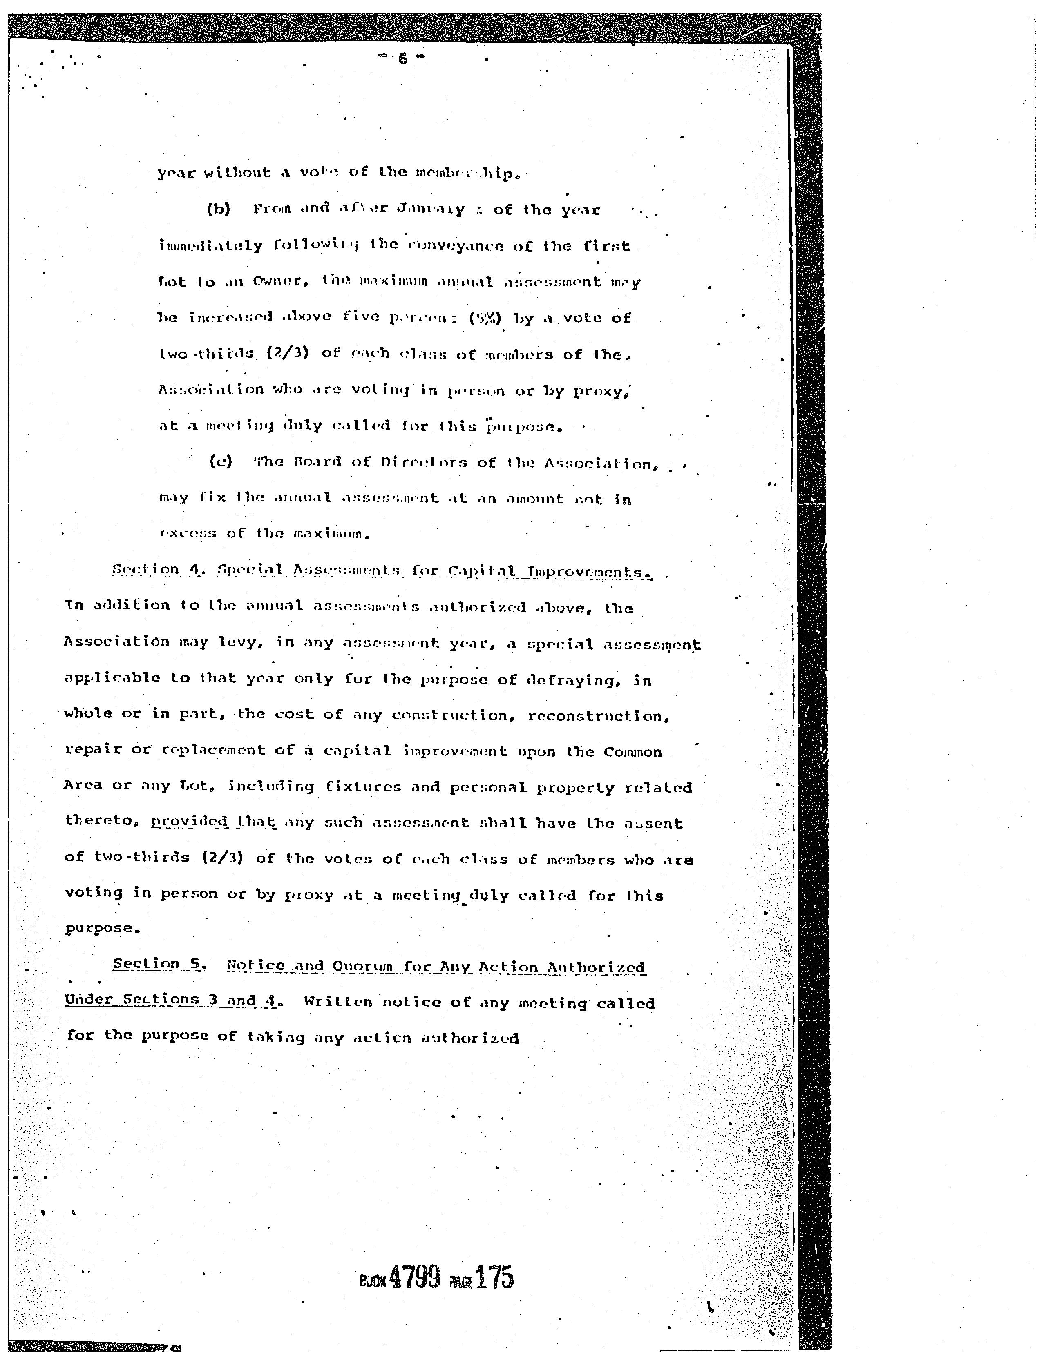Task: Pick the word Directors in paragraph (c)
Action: click(x=423, y=463)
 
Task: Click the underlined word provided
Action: click(x=188, y=822)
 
